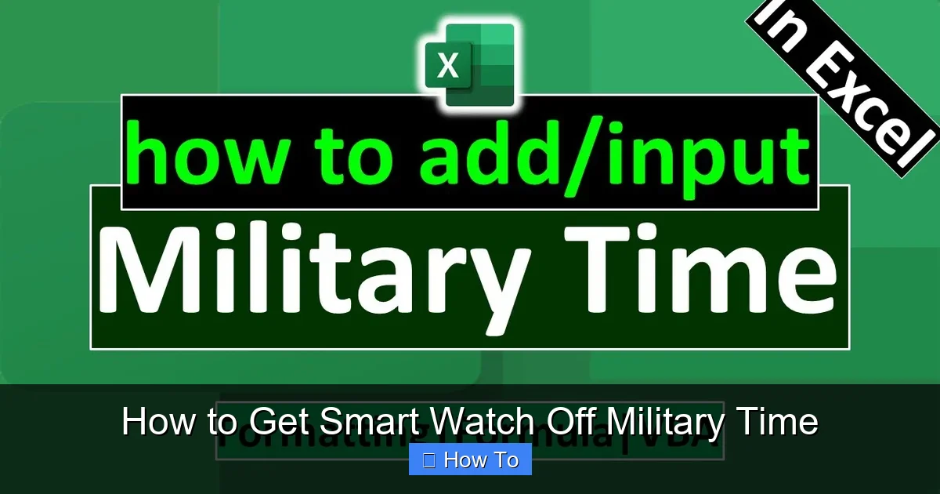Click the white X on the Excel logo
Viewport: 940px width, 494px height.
click(x=448, y=67)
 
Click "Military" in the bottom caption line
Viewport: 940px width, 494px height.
click(x=664, y=423)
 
